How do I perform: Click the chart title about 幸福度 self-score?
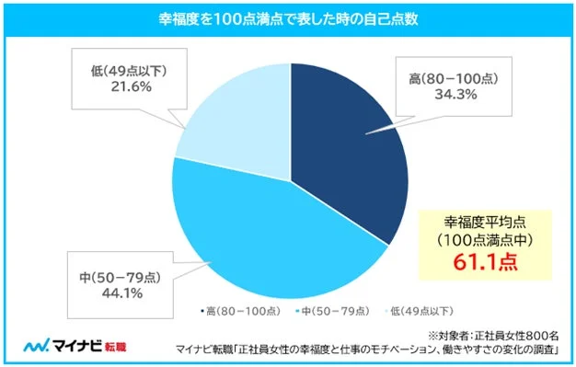click(287, 17)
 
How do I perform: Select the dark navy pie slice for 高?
click(345, 156)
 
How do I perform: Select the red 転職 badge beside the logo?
click(115, 347)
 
